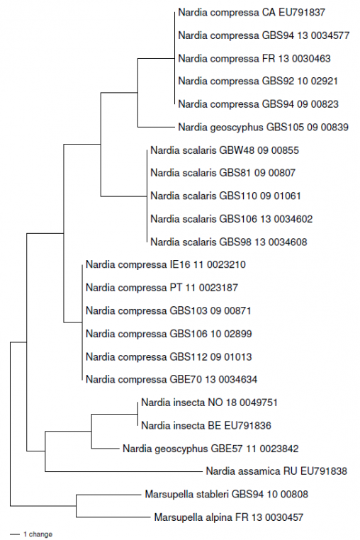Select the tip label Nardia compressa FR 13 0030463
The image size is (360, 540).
click(254, 58)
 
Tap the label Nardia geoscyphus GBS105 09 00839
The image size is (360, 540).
click(263, 127)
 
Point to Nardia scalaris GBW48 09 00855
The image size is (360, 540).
click(225, 150)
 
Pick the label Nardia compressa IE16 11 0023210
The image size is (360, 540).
click(165, 264)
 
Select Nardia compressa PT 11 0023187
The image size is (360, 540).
click(161, 288)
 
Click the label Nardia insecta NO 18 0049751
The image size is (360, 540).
click(209, 403)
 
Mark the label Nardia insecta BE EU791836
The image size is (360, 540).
click(206, 425)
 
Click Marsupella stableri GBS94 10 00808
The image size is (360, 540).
click(225, 494)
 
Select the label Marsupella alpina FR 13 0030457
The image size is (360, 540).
click(229, 517)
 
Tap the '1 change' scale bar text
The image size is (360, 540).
click(38, 534)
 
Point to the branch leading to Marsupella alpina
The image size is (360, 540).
click(113, 517)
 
